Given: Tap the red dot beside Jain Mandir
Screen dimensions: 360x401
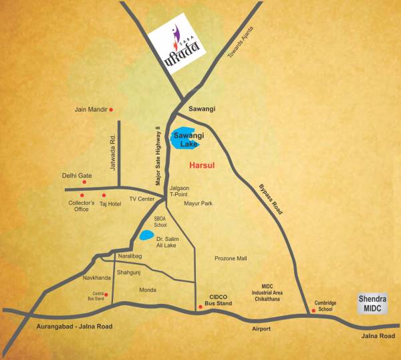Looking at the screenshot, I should [112, 110].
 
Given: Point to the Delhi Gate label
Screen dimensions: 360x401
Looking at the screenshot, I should [77, 176].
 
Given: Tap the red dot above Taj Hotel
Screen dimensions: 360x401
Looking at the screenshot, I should [104, 195].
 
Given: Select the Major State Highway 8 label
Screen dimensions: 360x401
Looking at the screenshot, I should [159, 156].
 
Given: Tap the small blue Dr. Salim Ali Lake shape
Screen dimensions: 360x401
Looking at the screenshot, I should [144, 236].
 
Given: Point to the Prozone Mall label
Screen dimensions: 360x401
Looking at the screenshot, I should [231, 258].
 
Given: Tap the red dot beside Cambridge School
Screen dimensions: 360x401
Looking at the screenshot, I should [313, 310].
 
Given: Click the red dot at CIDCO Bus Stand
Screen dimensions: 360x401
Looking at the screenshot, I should [200, 306].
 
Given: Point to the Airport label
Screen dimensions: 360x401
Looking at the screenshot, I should [261, 329].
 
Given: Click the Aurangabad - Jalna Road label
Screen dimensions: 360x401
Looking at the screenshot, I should [72, 327].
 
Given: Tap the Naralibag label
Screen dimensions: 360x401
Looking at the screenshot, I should [131, 256].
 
